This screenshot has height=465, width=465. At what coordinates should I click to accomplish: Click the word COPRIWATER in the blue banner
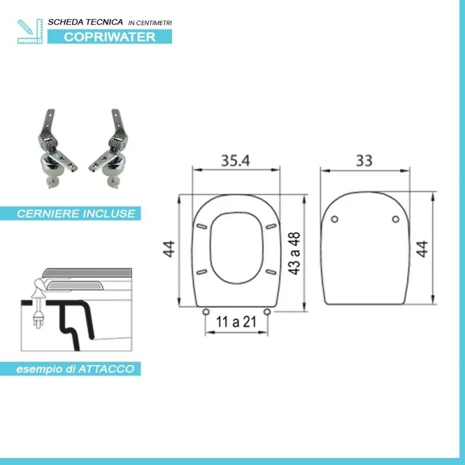(x=109, y=37)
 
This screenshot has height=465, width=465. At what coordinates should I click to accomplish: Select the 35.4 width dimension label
(x=235, y=161)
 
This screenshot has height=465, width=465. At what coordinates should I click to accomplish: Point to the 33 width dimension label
(x=364, y=161)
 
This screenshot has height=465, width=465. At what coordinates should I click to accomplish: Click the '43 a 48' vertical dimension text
(x=294, y=253)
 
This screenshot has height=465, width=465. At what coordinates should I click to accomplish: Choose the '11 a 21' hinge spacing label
(x=237, y=323)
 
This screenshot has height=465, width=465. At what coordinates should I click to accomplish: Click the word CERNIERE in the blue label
(x=45, y=213)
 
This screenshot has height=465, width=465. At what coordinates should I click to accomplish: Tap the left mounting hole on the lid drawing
(x=335, y=219)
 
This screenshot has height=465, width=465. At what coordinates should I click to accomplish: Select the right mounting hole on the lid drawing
(x=396, y=219)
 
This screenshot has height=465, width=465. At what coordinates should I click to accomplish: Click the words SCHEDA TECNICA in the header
(x=85, y=22)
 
